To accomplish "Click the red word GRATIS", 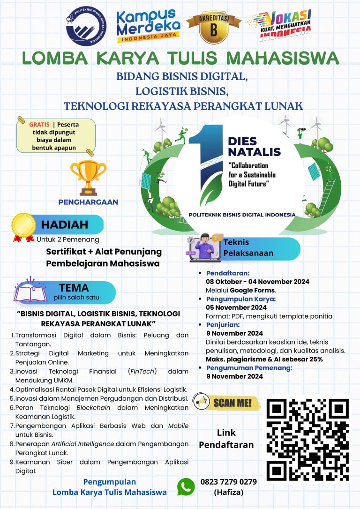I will [39, 125].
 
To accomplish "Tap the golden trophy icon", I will [88, 177].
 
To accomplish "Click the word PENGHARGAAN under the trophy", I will [88, 202].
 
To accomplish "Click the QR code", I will [308, 440].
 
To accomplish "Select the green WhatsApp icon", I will [186, 487].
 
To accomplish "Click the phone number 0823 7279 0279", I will [228, 482].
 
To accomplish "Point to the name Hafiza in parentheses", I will [229, 492].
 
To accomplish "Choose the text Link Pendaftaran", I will [226, 439].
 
